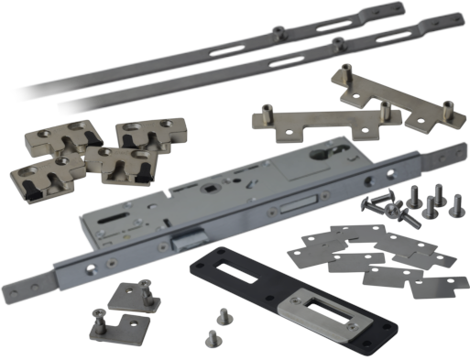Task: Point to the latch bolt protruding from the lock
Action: pyautogui.click(x=186, y=239)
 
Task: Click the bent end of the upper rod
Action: pyautogui.click(x=388, y=10)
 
